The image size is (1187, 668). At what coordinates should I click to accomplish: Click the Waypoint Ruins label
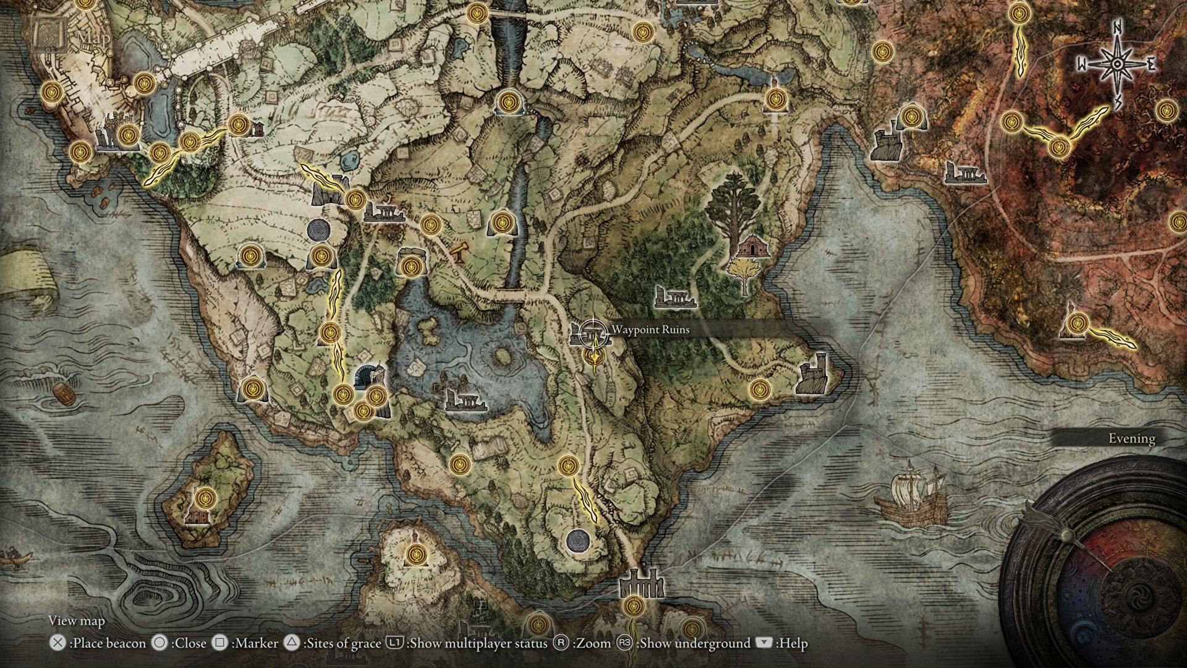tap(650, 330)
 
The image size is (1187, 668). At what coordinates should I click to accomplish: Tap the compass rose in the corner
tap(1117, 64)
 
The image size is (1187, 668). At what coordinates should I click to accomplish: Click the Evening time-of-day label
tap(1131, 439)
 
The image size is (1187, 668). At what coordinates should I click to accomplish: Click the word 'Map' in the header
tap(94, 37)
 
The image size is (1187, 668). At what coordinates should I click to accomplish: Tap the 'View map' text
tap(77, 621)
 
